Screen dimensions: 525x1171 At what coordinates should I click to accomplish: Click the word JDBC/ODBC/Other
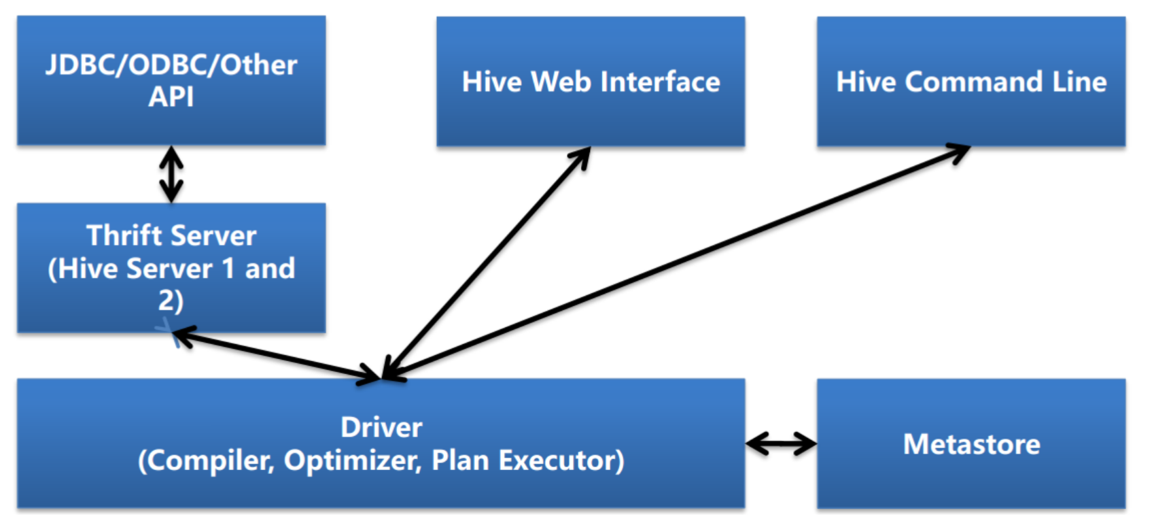coord(171,65)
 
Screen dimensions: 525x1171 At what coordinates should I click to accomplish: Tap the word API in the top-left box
coord(171,97)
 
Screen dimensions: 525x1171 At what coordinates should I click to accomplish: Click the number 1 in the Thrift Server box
coord(228,269)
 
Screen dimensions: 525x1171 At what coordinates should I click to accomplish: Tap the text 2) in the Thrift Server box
coord(171,301)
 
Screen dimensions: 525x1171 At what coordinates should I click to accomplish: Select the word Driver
coord(381,428)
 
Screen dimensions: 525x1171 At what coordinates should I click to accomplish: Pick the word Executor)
coord(561,461)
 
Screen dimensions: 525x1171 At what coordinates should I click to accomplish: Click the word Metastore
coord(971,445)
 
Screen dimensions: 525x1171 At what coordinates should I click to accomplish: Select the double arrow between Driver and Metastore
coord(781,444)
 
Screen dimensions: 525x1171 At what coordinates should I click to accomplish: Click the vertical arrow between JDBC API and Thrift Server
coord(171,174)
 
